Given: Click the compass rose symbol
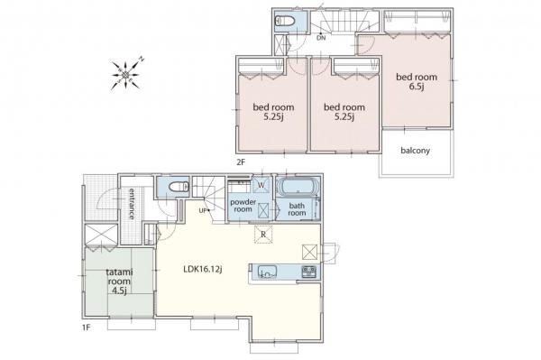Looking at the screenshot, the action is (x=126, y=74).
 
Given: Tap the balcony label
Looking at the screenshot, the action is (x=415, y=151).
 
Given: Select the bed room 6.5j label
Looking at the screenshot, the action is (x=417, y=81).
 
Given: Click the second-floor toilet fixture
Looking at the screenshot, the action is (x=285, y=21).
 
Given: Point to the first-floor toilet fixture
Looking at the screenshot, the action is (x=179, y=187).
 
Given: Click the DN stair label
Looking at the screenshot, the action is (x=321, y=38).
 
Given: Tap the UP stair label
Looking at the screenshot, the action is (x=202, y=210).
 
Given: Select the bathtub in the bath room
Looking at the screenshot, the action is (x=298, y=187).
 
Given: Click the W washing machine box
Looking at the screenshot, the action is (x=261, y=185).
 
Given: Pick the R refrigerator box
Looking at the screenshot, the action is (x=263, y=235).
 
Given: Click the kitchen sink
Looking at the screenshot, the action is (x=267, y=272).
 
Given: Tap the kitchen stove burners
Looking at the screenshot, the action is (x=308, y=272).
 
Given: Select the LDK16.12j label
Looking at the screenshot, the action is (x=203, y=270).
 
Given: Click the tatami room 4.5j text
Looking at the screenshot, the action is (x=119, y=282).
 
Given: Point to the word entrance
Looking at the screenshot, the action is (x=132, y=204).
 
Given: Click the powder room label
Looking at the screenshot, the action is (x=243, y=206).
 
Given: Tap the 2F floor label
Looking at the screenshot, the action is (x=241, y=162).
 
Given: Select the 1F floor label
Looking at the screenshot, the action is (x=86, y=328).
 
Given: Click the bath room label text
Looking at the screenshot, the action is (x=297, y=209).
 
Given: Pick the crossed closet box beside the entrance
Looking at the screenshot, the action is (x=101, y=235).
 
